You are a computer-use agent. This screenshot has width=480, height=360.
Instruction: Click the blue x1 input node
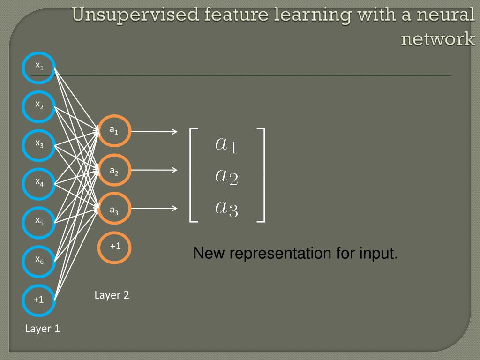(x=39, y=68)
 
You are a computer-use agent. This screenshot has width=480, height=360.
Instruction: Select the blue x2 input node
(x=39, y=106)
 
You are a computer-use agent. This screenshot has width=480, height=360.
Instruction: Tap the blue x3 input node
(x=39, y=145)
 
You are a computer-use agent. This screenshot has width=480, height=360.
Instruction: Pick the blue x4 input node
(x=39, y=183)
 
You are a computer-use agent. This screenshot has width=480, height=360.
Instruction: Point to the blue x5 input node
(x=39, y=222)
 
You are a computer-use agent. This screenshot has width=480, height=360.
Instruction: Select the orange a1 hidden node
(x=114, y=131)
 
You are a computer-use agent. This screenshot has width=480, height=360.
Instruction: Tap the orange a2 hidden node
(x=114, y=171)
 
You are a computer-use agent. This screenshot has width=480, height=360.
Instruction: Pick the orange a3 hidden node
(x=114, y=209)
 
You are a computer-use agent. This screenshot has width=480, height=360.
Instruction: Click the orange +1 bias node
(x=114, y=247)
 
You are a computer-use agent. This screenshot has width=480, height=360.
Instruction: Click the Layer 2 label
(x=112, y=295)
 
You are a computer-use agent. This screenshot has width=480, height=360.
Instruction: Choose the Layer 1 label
(x=42, y=329)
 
